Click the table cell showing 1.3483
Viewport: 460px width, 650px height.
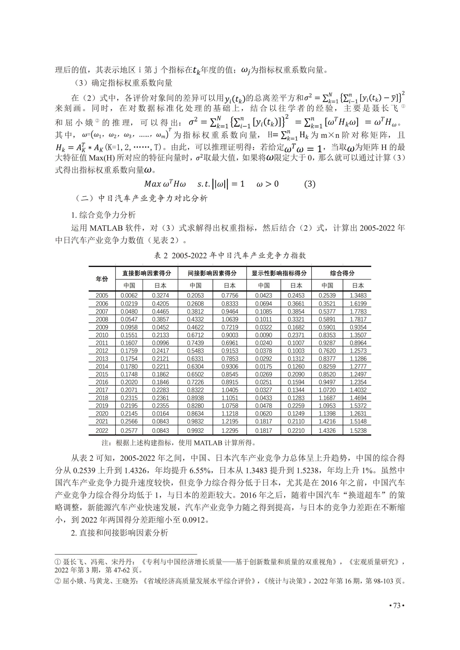tap(358, 296)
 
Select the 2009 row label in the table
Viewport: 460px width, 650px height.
tap(102, 327)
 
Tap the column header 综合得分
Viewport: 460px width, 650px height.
tap(342, 273)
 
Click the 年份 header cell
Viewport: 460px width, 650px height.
tap(102, 279)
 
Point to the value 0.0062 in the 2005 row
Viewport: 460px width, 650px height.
tap(129, 296)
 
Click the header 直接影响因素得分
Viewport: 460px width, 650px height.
tap(147, 273)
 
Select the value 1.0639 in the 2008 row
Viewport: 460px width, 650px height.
tap(230, 319)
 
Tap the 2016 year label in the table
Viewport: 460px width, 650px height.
tap(102, 382)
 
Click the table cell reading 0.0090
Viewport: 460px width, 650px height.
tap(263, 335)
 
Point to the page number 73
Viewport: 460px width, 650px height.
tap(397, 606)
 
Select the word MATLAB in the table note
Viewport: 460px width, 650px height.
tap(208, 443)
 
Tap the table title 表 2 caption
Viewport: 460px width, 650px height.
tap(230, 256)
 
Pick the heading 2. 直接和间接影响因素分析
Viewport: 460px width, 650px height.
tap(119, 533)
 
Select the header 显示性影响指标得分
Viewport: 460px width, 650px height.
tap(279, 273)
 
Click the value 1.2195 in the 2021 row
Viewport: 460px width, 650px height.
tap(230, 422)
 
